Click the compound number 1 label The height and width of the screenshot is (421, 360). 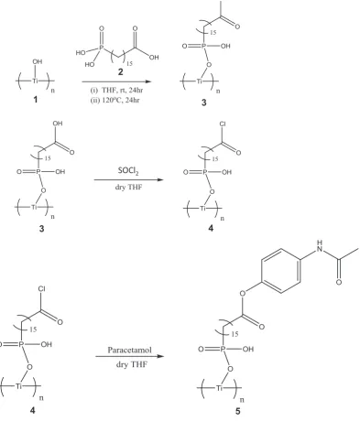(x=36, y=99)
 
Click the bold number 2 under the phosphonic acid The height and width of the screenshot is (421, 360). (x=121, y=71)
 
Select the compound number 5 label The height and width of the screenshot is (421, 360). (x=238, y=411)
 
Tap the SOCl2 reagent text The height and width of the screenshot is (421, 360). (x=128, y=171)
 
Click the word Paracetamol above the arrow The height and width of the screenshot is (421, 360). (x=129, y=350)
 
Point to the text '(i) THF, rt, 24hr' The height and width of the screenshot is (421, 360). (x=116, y=90)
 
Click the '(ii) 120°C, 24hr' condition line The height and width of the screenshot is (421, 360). (x=115, y=100)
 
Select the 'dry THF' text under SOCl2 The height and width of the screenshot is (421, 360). (x=128, y=187)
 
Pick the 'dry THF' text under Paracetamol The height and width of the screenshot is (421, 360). (x=132, y=364)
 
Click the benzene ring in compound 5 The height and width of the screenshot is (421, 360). (x=281, y=271)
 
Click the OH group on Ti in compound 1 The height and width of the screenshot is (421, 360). (x=38, y=61)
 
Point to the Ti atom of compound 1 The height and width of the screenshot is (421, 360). (x=36, y=81)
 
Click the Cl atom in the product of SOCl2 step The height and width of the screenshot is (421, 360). (x=223, y=124)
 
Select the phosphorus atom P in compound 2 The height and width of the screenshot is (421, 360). (x=102, y=47)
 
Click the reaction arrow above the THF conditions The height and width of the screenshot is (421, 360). (x=116, y=81)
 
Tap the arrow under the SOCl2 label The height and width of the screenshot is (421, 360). (x=128, y=179)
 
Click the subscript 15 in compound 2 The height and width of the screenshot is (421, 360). (x=129, y=63)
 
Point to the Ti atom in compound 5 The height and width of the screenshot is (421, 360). (x=220, y=388)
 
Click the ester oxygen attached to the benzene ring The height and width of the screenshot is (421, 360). (x=243, y=294)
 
